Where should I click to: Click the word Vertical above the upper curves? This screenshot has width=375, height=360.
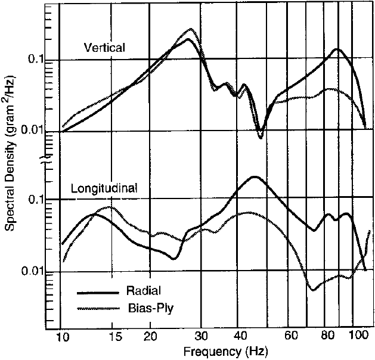pyautogui.click(x=104, y=48)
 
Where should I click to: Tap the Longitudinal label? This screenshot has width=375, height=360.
pyautogui.click(x=104, y=188)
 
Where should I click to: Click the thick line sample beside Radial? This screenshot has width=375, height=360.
pyautogui.click(x=96, y=293)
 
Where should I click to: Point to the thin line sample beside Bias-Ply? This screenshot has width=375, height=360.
pyautogui.click(x=96, y=308)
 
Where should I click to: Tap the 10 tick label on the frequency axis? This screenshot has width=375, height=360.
pyautogui.click(x=61, y=337)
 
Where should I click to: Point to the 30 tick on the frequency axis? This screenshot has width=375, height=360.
pyautogui.click(x=203, y=337)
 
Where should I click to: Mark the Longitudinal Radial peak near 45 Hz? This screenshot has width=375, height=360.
pyautogui.click(x=255, y=176)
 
